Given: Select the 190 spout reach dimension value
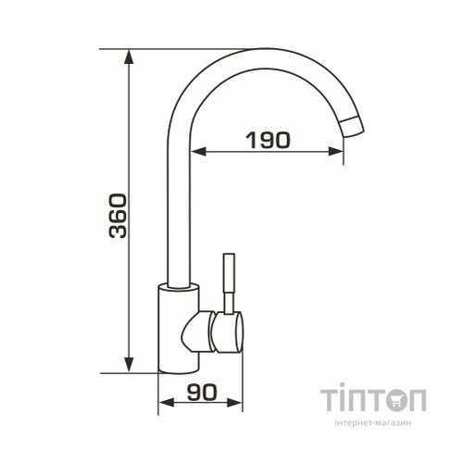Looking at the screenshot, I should pyautogui.click(x=269, y=140).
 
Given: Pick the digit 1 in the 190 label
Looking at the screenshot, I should pyautogui.click(x=250, y=140).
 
